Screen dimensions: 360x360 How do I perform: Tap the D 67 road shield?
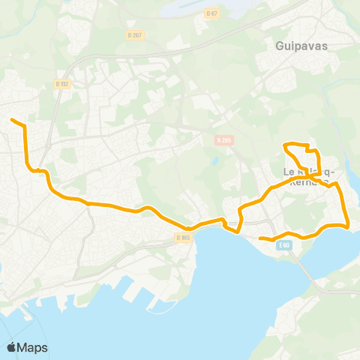pyautogui.click(x=212, y=13)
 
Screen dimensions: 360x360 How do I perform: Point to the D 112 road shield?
pyautogui.click(x=62, y=84)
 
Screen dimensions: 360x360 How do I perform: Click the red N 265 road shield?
pyautogui.click(x=223, y=139)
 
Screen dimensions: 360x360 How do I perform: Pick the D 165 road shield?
pyautogui.click(x=184, y=237)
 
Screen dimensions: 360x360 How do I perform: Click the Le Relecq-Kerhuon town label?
pyautogui.click(x=309, y=176)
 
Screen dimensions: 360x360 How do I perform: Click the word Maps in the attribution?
pyautogui.click(x=33, y=347)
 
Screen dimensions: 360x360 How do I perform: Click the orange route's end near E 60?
pyautogui.click(x=259, y=238)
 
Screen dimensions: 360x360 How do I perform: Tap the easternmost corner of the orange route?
pyautogui.click(x=349, y=225)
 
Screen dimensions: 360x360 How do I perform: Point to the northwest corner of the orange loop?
pyautogui.click(x=283, y=144)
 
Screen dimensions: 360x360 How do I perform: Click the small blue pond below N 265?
pyautogui.click(x=215, y=160)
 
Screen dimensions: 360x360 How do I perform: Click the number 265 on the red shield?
pyautogui.click(x=226, y=139)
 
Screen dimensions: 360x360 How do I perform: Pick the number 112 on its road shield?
pyautogui.click(x=64, y=84)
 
